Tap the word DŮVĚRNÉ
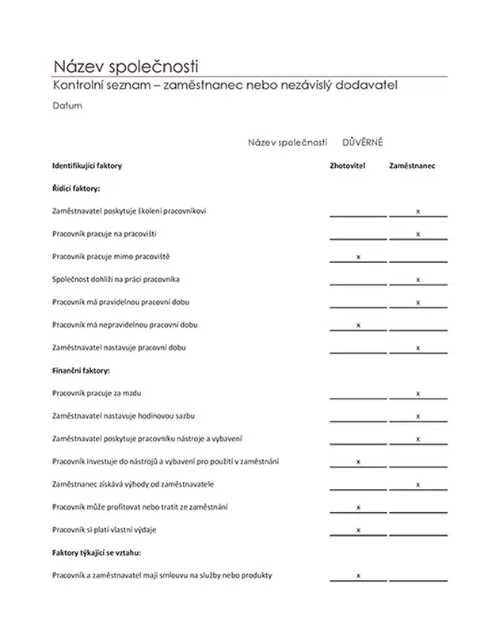363,142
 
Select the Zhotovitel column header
347,166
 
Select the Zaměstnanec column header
412,166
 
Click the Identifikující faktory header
87,166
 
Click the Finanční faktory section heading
80,370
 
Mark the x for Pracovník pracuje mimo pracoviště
359,257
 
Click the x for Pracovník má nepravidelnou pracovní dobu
359,325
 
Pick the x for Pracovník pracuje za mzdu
417,394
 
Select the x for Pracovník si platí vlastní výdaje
359,529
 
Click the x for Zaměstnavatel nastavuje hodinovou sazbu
417,416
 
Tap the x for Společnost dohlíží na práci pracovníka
417,280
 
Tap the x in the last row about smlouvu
359,575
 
